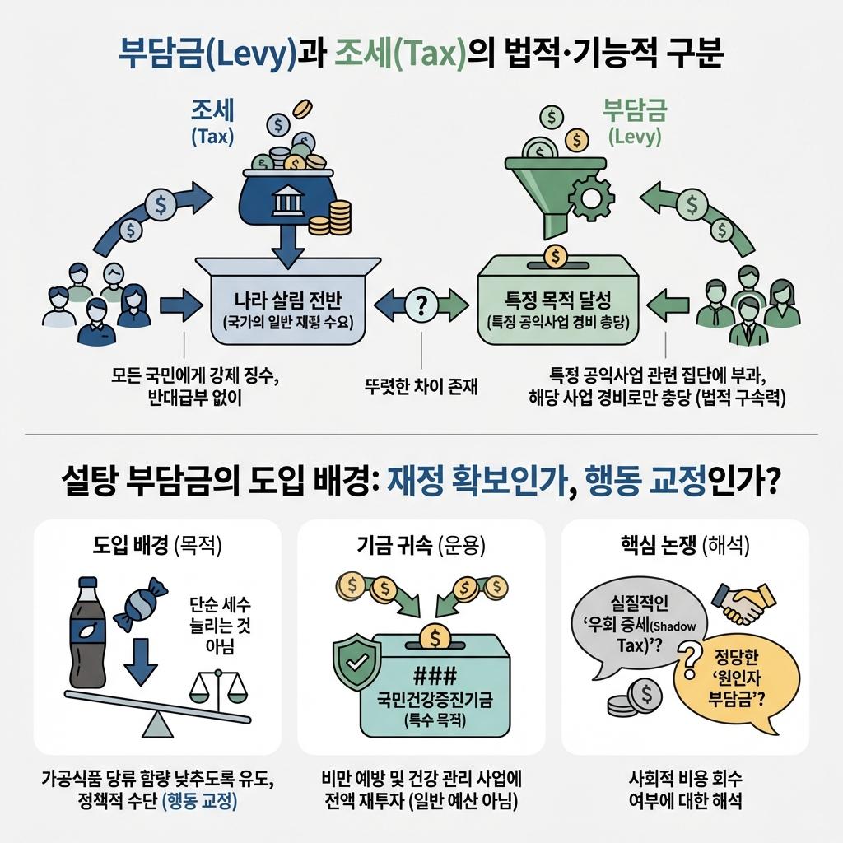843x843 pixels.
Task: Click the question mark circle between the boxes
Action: point(421,307)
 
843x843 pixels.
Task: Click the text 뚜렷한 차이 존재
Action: point(421,384)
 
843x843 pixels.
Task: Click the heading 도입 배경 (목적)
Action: point(156,544)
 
